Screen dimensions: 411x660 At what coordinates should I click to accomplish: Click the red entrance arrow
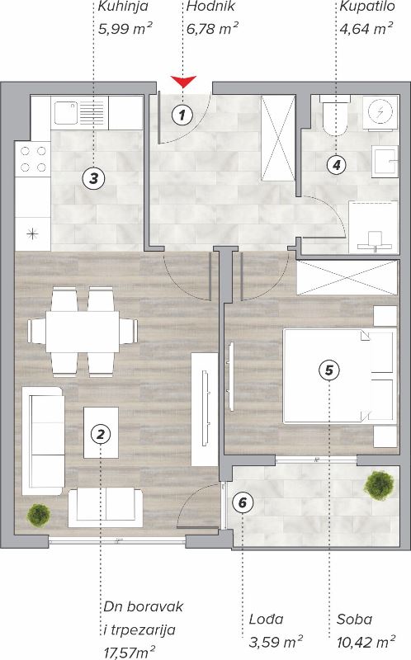(x=183, y=81)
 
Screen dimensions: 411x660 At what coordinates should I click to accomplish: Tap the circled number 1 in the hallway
(x=182, y=114)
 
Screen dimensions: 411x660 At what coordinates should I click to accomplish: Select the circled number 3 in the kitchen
(x=93, y=178)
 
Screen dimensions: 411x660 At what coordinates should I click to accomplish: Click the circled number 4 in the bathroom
(x=337, y=164)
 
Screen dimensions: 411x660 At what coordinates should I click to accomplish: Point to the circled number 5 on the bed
(x=329, y=370)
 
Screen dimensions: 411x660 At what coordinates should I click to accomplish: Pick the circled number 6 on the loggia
(x=243, y=502)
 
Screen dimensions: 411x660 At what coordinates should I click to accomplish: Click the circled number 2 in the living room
(x=100, y=434)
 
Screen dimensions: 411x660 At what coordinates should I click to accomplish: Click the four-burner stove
(x=33, y=158)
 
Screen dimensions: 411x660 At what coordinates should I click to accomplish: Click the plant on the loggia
(x=380, y=485)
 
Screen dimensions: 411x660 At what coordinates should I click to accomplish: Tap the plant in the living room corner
(x=39, y=514)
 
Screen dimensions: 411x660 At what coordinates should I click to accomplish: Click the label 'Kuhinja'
(x=123, y=7)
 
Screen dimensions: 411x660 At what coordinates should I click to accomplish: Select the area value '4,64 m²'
(x=366, y=29)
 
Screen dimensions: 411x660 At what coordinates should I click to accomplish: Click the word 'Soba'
(x=354, y=620)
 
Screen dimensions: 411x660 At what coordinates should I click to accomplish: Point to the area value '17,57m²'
(x=130, y=653)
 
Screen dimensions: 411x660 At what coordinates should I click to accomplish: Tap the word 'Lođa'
(x=266, y=619)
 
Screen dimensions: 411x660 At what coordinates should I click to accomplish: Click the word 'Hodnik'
(x=210, y=7)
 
